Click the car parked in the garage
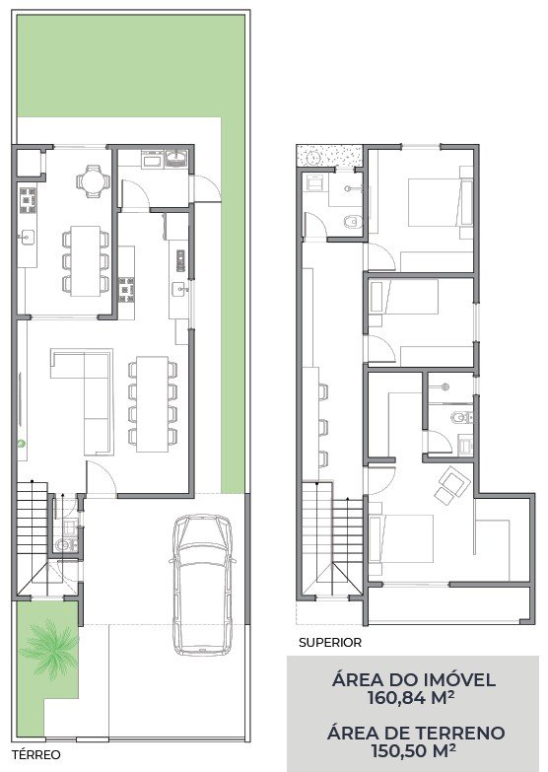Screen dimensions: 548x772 pos(202,585)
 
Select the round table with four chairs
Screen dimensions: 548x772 pos(93,180)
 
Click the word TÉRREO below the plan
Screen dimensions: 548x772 pos(36,754)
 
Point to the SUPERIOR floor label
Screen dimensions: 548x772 pos(330,643)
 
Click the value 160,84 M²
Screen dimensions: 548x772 pos(412,698)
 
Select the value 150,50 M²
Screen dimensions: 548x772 pos(413,750)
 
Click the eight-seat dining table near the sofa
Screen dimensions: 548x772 pos(153,403)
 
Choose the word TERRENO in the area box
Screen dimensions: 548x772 pos(458,733)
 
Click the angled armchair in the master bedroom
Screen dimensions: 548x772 pos(452,485)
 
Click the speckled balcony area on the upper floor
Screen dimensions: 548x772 pos(329,155)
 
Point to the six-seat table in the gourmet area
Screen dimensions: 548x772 pos(85,260)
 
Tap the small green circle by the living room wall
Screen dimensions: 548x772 pos(21,443)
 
